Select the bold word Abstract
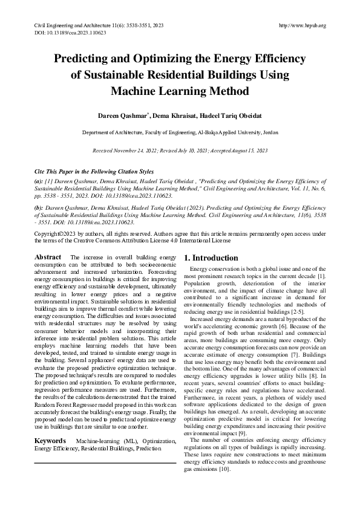(x=47, y=257)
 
